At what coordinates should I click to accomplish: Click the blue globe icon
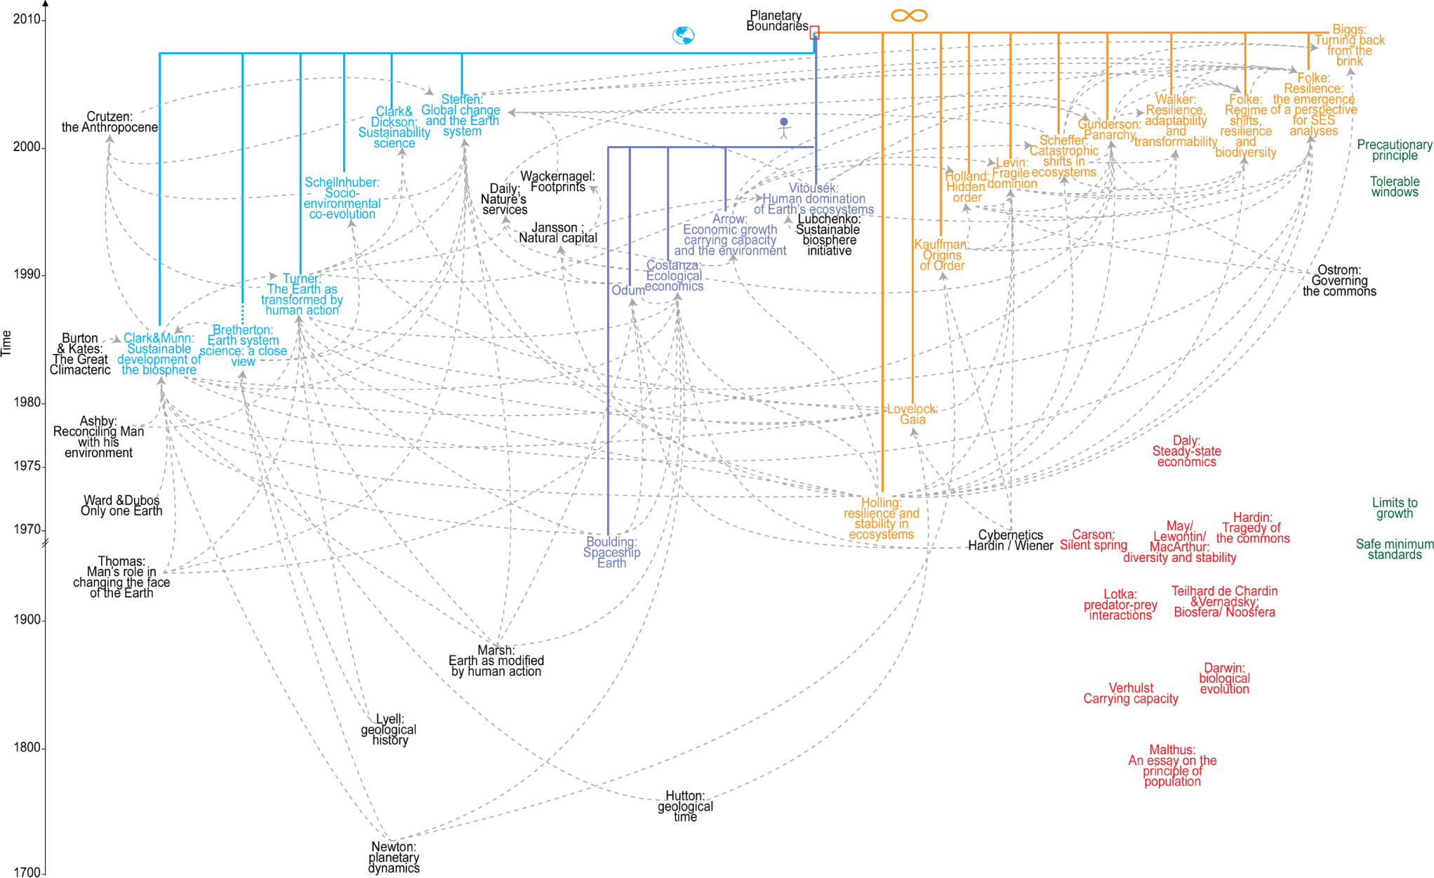[683, 35]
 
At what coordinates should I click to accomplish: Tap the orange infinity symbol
[909, 15]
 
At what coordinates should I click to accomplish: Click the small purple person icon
[784, 127]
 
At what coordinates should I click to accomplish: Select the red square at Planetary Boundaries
[814, 32]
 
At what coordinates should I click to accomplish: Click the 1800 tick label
[27, 747]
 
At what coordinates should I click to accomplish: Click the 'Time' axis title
[7, 343]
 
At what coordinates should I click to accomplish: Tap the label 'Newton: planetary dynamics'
[394, 858]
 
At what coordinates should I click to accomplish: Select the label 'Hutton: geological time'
[685, 806]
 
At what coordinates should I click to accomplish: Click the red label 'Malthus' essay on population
[1172, 766]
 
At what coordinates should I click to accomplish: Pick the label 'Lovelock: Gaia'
[912, 414]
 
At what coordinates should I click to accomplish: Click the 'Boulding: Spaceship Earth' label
[611, 552]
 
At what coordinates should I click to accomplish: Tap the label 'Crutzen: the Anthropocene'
[109, 122]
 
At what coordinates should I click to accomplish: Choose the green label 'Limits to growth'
[1394, 508]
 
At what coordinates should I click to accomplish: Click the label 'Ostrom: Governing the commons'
[1339, 281]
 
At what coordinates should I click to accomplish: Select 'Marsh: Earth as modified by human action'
[496, 661]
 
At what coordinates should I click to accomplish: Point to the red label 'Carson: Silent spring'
[1093, 539]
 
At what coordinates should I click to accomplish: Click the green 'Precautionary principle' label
[1394, 150]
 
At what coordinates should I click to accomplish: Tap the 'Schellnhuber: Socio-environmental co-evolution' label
[342, 198]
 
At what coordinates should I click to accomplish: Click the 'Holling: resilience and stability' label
[881, 518]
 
